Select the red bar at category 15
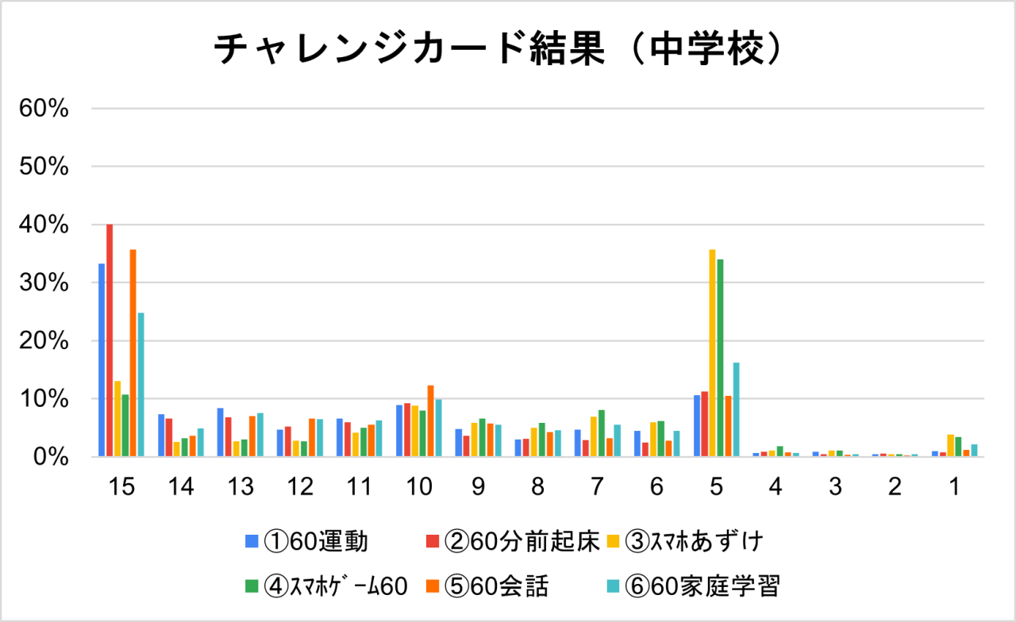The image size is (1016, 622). (x=110, y=341)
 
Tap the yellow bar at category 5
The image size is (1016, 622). (x=712, y=354)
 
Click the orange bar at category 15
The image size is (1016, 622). (x=133, y=354)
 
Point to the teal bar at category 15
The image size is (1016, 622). (x=140, y=385)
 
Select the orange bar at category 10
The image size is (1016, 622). (x=430, y=421)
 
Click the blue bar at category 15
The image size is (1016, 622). (x=102, y=360)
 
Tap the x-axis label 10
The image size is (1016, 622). (x=418, y=487)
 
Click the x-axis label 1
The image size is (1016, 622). (x=954, y=487)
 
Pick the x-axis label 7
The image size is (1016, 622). (x=597, y=487)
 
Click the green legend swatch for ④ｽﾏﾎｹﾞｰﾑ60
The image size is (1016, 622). (x=251, y=586)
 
